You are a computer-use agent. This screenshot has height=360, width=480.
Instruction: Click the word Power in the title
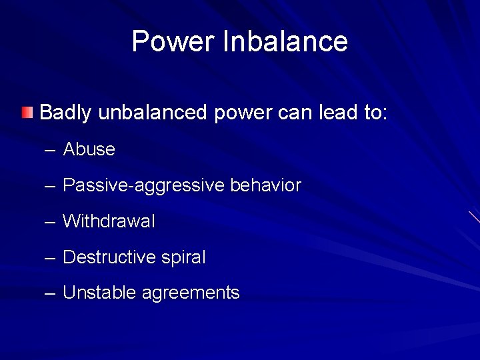point(174,41)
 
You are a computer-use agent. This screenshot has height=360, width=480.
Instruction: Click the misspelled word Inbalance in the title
point(286,41)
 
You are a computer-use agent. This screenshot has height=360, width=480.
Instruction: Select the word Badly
point(65,113)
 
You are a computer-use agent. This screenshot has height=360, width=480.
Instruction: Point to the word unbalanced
point(153,113)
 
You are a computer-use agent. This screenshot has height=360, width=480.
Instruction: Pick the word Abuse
point(89,149)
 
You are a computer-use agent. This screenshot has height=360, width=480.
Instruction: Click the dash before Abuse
point(50,150)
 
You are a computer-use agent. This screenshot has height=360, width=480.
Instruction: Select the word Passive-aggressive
point(143,185)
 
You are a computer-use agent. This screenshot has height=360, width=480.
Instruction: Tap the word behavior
point(265,185)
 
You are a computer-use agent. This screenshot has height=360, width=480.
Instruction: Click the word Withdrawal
point(109,221)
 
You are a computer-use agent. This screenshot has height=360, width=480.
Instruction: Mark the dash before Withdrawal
point(50,222)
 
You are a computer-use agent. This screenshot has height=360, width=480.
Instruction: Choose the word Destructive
point(109,257)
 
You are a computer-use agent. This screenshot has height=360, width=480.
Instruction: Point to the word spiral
point(183,258)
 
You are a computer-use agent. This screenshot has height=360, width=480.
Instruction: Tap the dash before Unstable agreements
point(50,293)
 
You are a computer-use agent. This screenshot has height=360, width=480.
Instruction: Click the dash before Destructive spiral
point(50,258)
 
